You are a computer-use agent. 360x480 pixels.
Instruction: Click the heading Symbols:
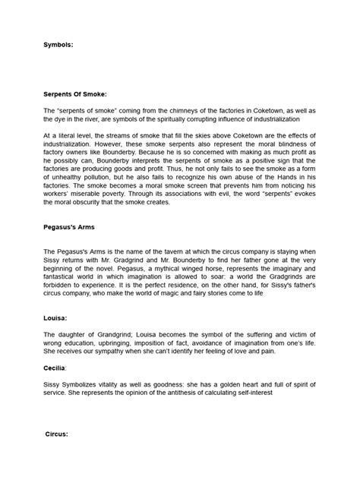58,45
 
